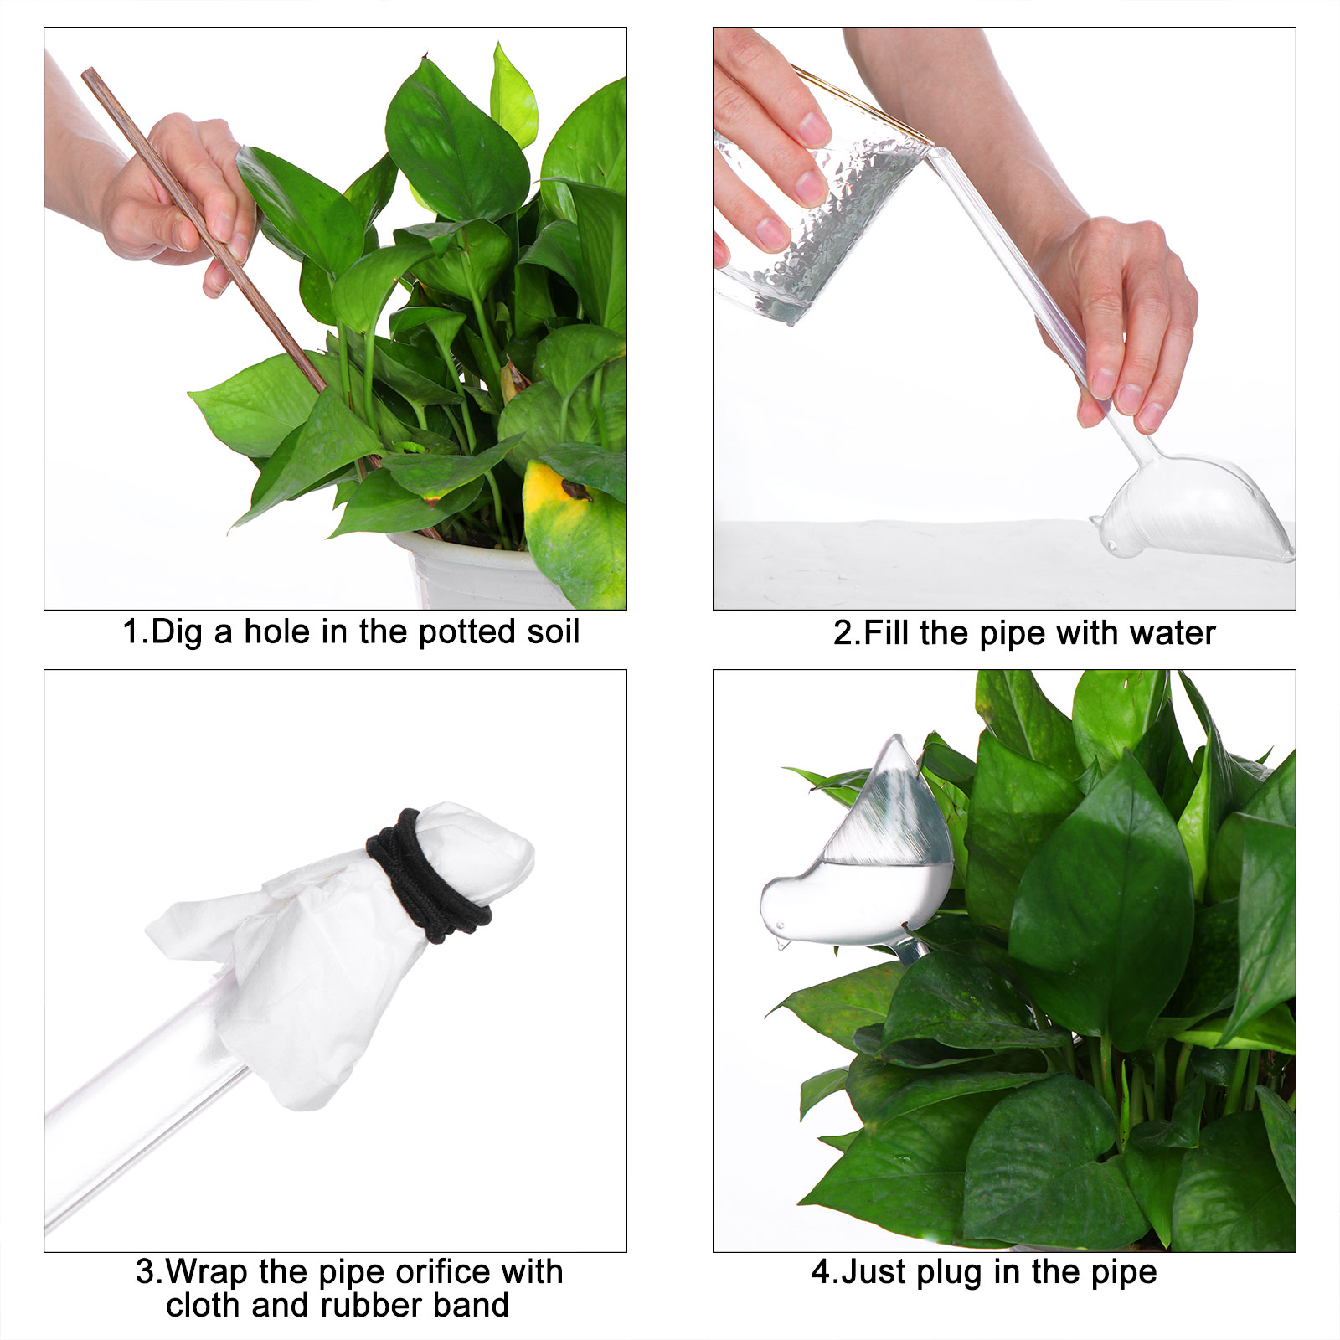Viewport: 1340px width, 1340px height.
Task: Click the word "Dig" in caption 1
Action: (x=178, y=631)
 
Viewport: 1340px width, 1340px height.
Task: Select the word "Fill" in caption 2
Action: (x=887, y=633)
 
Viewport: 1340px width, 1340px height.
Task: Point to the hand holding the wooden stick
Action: (x=180, y=201)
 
